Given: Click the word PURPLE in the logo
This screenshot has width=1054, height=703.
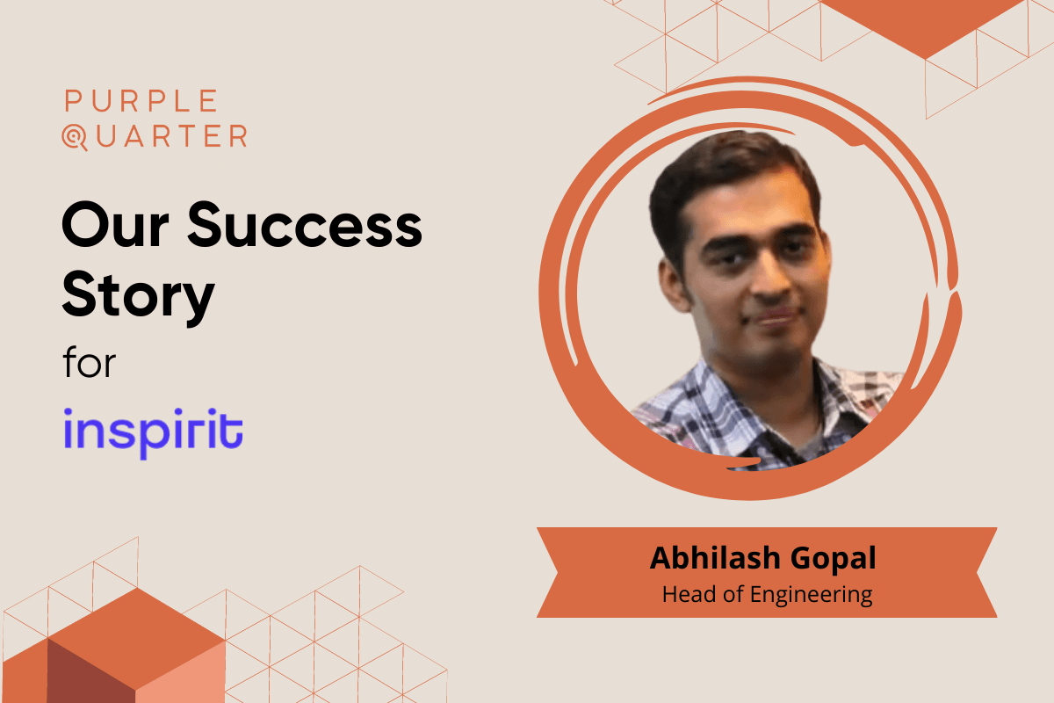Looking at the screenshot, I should point(141,101).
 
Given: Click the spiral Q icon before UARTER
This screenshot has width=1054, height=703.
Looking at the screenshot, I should point(74,137).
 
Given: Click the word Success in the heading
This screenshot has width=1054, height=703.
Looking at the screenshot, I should point(304,226).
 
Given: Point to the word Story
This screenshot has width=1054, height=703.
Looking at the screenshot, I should point(138,294).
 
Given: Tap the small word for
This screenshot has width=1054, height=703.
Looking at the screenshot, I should point(89,362).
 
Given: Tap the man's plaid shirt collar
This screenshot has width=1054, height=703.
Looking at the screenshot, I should point(703,395).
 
